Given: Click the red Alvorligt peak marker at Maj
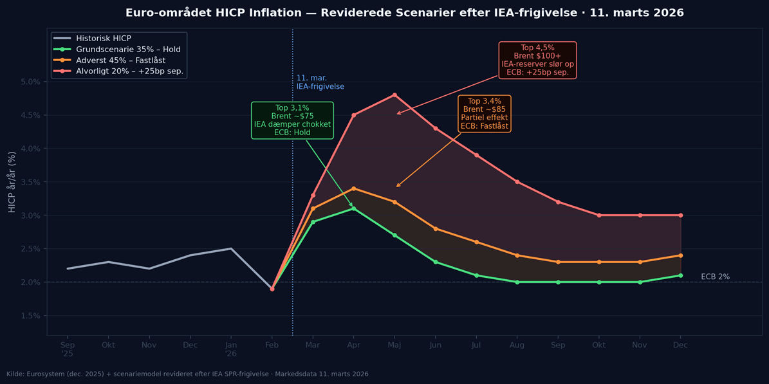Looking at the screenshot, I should tap(394, 95).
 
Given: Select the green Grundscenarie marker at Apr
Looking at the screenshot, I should tap(353, 208).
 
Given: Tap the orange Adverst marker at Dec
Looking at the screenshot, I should tap(681, 255).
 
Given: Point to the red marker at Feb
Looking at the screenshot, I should tap(272, 289).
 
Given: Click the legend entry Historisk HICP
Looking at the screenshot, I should tap(103, 39).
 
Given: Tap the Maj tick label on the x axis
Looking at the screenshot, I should tap(394, 345).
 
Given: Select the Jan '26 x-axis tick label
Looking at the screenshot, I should tap(231, 349).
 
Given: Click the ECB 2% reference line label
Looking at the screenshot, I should tap(715, 277).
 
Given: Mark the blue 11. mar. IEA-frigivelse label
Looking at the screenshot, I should tap(320, 82).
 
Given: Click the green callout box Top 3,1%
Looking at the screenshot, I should tap(292, 120).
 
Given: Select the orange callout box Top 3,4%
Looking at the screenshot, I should tap(484, 113).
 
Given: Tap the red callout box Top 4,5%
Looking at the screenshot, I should tap(537, 60).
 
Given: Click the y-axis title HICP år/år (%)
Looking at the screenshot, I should tap(12, 182).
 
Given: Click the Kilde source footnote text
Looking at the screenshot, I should tap(187, 374).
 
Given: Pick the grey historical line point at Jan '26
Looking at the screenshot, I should tap(231, 248).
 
